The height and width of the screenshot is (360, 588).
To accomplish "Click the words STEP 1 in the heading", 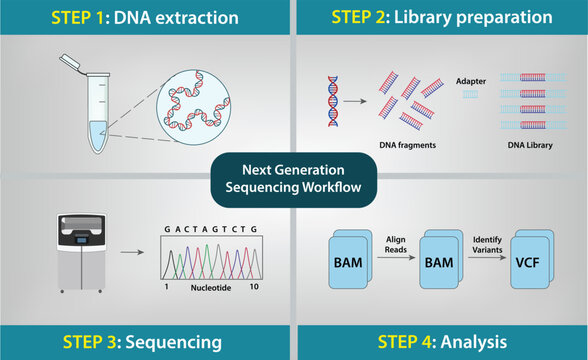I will pos(85,17).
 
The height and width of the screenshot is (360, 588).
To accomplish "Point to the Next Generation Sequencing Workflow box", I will pos(294,177).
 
